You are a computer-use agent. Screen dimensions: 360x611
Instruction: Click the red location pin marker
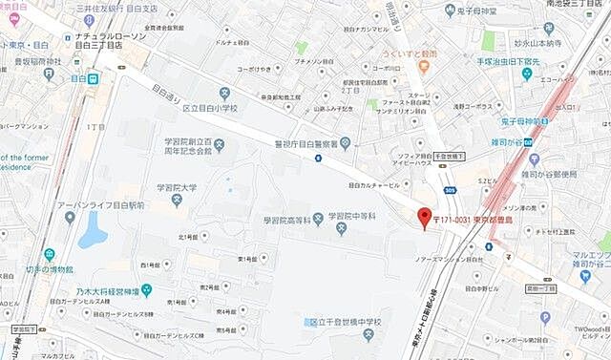(x=426, y=218)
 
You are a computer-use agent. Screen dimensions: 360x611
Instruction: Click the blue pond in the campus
(x=93, y=230)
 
